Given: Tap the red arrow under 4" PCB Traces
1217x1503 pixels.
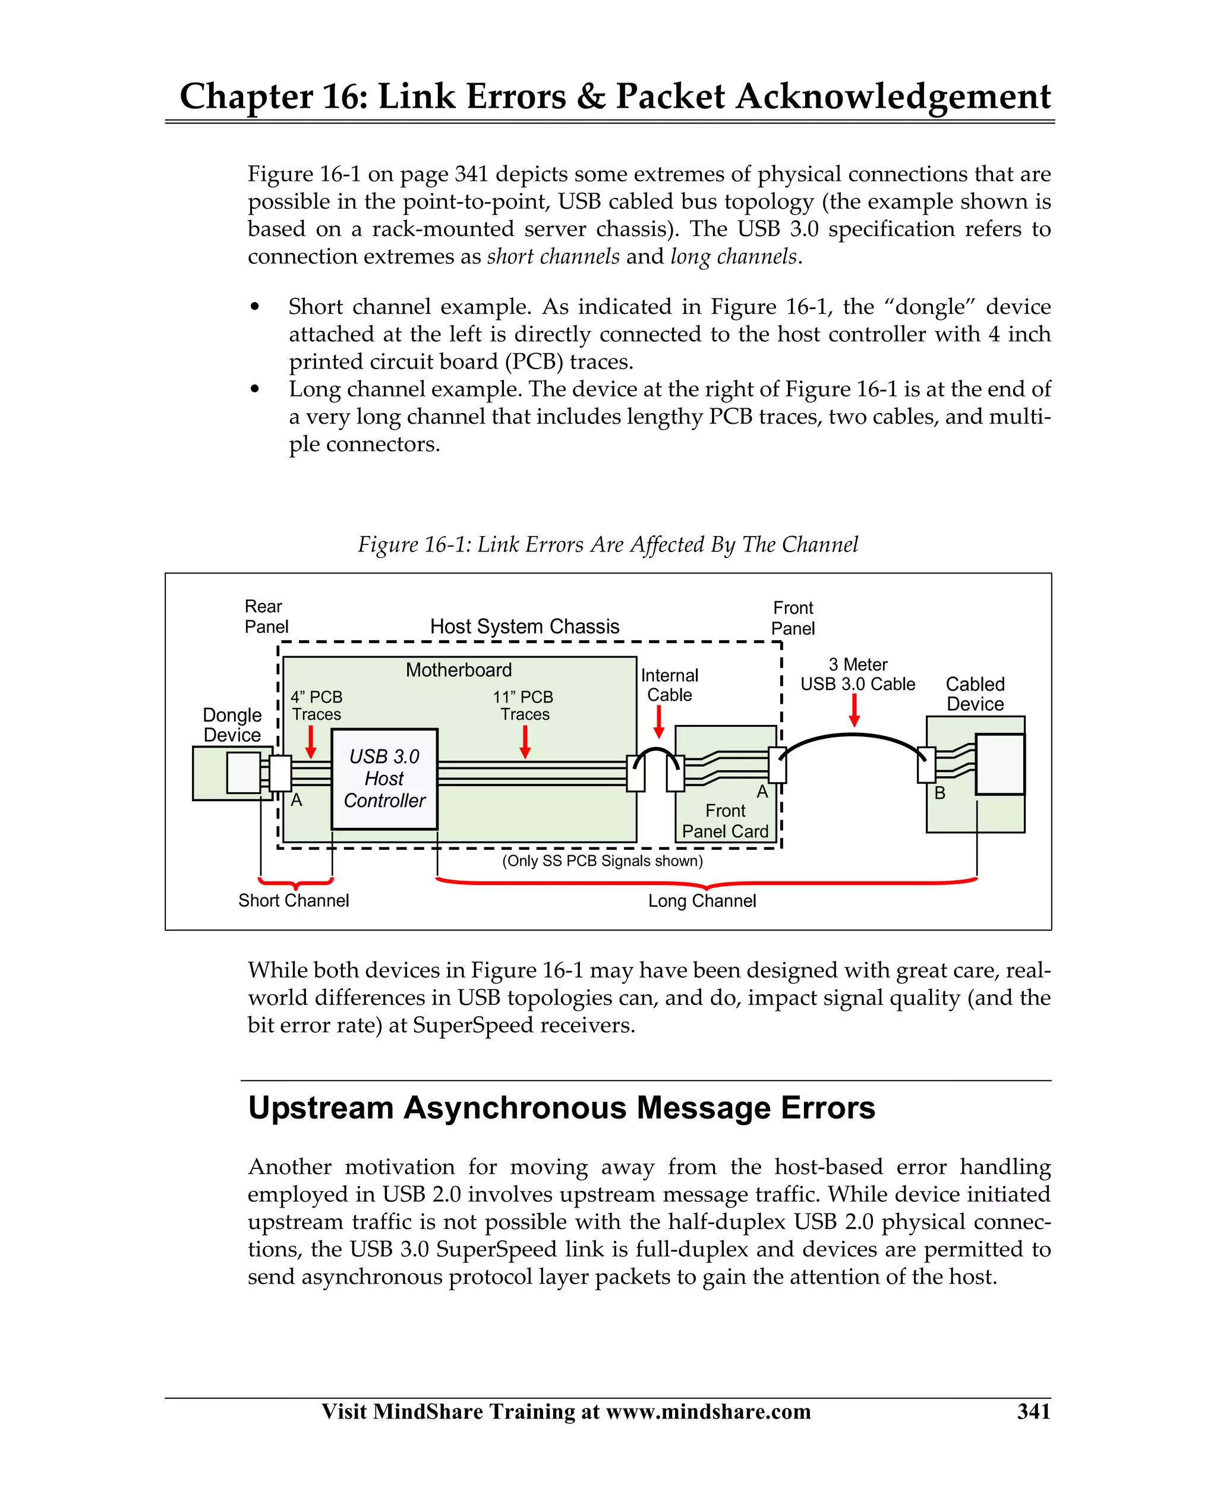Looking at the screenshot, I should coord(311,742).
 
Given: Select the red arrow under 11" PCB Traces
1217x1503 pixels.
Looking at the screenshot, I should coord(525,742).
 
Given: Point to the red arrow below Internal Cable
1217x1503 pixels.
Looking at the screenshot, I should coord(659,722).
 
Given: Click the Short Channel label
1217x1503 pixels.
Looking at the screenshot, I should coord(293,901).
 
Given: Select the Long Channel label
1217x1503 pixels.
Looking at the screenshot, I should coord(702,902).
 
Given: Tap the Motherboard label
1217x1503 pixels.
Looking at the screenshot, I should coord(459,670).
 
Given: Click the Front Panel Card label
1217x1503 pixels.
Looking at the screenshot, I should coord(725,821).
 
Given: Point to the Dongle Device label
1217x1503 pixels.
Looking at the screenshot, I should coord(232,725).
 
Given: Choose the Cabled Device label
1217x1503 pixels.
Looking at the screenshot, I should coord(975,694).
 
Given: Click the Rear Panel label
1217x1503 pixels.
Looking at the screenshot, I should coord(266,617).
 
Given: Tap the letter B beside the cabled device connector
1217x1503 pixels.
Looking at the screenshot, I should coord(940,793).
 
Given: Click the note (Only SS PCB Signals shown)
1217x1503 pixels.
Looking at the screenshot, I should coord(602,861).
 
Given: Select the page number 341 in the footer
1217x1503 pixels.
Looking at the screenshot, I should coord(1034,1411).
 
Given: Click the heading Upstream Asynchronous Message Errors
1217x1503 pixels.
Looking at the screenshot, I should coord(562,1108).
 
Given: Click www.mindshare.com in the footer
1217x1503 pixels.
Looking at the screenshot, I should coord(708,1411).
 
